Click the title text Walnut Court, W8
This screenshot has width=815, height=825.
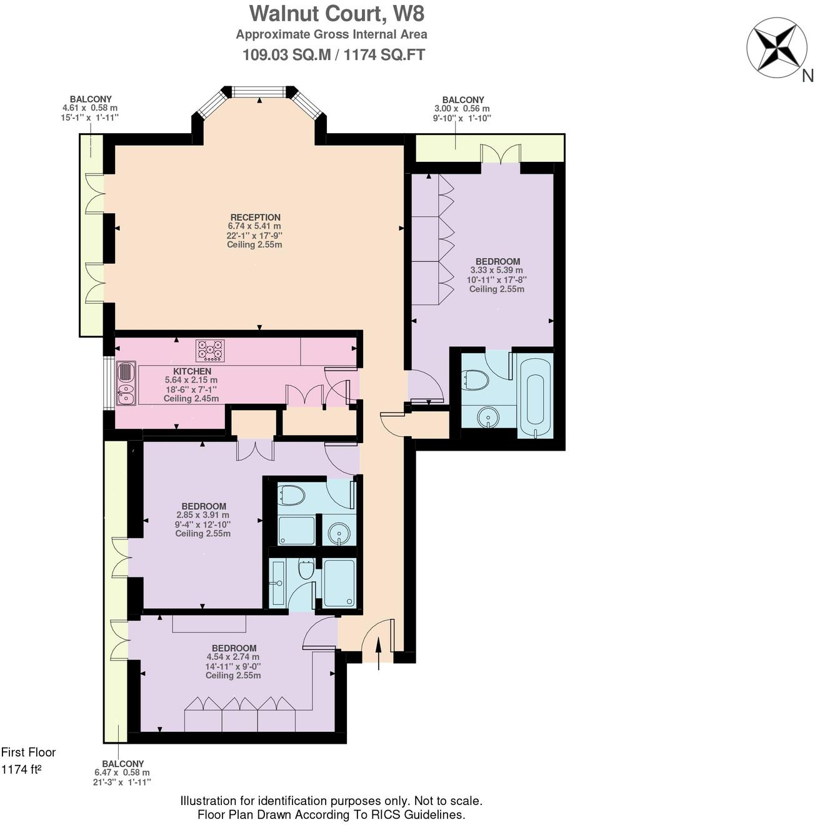click(332, 13)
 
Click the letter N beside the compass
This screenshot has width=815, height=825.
click(807, 76)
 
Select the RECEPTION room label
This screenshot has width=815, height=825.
click(255, 217)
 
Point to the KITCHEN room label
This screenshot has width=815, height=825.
click(192, 371)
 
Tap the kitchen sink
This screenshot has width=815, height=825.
click(125, 383)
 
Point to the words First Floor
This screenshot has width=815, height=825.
click(28, 752)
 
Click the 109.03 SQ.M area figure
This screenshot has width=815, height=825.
click(286, 55)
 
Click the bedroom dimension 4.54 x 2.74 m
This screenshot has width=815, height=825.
click(232, 657)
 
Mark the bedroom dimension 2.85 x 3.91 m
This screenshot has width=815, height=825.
click(202, 516)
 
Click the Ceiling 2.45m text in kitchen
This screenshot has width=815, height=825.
click(191, 399)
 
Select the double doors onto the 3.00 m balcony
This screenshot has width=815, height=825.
click(501, 154)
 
